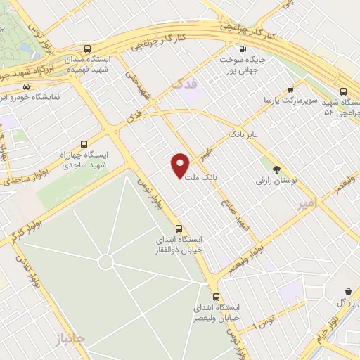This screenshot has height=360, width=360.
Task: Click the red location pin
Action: pyautogui.click(x=181, y=165)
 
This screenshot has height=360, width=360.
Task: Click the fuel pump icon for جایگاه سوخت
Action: pyautogui.click(x=243, y=49)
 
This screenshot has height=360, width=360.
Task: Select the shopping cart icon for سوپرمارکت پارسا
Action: pyautogui.click(x=290, y=89)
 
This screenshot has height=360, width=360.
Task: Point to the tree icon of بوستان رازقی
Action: pyautogui.click(x=276, y=169)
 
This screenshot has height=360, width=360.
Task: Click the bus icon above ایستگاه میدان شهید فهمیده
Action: pyautogui.click(x=87, y=49)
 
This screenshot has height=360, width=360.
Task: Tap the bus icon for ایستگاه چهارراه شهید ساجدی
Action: pyautogui.click(x=85, y=143)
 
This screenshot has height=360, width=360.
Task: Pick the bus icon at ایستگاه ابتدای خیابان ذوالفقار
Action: pyautogui.click(x=178, y=228)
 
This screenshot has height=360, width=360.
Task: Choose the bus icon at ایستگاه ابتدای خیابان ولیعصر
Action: pyautogui.click(x=216, y=296)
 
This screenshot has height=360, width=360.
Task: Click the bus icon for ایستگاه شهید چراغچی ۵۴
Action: pyautogui.click(x=343, y=91)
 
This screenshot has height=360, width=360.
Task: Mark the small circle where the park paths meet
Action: pyautogui.click(x=105, y=262)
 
